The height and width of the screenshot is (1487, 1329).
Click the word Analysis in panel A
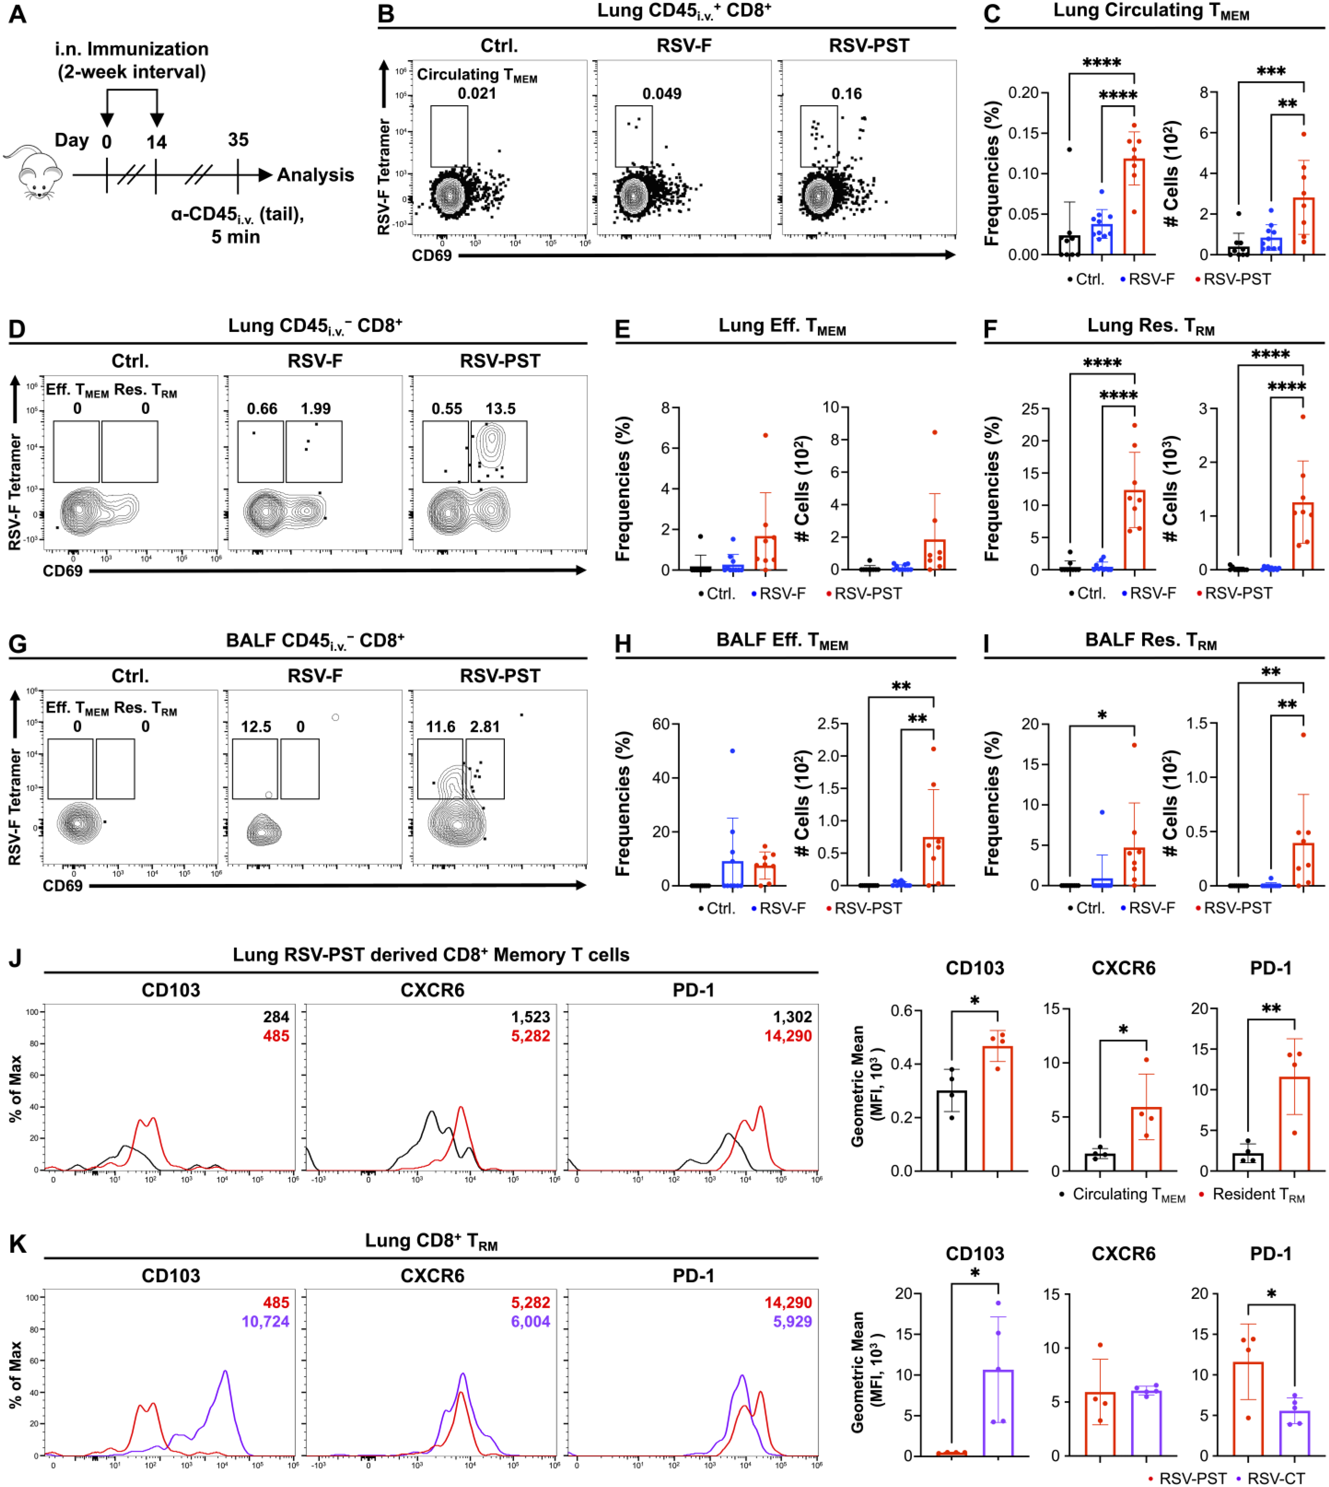pyautogui.click(x=315, y=175)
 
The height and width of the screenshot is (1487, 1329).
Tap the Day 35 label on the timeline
pyautogui.click(x=238, y=139)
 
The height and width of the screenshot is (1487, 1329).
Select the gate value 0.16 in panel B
pyautogui.click(x=846, y=94)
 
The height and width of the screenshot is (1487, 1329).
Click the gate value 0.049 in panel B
pyautogui.click(x=662, y=94)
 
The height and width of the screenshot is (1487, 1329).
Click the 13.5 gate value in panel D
pyautogui.click(x=500, y=408)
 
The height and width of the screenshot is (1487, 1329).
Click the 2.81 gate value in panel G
pyautogui.click(x=485, y=727)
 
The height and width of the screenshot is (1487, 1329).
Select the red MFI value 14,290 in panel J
pyautogui.click(x=788, y=1036)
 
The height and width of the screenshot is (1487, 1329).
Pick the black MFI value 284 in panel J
pyautogui.click(x=276, y=1017)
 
